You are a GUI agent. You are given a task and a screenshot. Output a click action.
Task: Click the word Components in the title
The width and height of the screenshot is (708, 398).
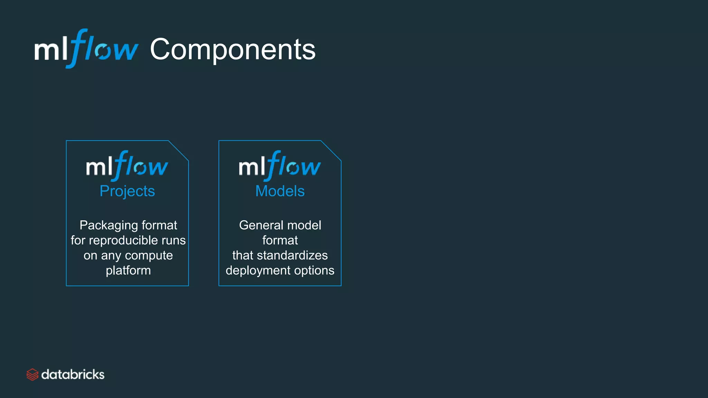(232, 50)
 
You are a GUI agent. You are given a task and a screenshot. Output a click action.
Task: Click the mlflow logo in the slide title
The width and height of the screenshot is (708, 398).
(86, 49)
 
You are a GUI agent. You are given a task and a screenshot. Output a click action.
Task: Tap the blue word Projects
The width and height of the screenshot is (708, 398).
(127, 191)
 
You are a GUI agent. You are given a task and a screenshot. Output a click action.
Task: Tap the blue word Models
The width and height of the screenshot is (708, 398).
(280, 191)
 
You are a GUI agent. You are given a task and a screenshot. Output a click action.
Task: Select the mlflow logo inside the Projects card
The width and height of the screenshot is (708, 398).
(127, 166)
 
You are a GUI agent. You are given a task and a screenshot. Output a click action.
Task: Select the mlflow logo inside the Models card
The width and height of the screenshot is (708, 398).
(280, 166)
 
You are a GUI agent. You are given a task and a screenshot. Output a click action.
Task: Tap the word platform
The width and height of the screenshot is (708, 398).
(128, 271)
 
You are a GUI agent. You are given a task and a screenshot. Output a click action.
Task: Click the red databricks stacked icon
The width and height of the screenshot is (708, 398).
(32, 375)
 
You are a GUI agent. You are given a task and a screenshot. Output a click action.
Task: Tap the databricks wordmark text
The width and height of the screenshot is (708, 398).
(73, 375)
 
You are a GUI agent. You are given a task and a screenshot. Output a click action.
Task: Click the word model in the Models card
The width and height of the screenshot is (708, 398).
(304, 225)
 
